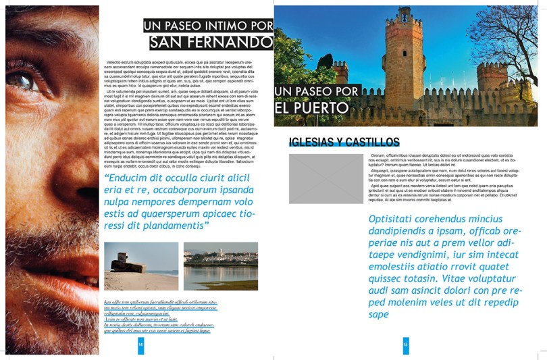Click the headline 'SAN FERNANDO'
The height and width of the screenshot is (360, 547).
[211, 43]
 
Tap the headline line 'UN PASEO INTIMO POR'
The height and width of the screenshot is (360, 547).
[208, 26]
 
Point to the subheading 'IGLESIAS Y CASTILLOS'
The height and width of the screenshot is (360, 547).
[344, 142]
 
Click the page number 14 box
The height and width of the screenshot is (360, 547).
[140, 344]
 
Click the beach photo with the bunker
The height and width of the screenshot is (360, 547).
[141, 265]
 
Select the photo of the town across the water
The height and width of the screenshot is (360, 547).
[220, 265]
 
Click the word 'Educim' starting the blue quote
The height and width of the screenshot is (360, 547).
[130, 178]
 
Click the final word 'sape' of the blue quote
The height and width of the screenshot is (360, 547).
[379, 314]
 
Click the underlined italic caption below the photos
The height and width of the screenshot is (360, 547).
[161, 316]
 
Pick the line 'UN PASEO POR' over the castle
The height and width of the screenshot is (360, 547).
[317, 91]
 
